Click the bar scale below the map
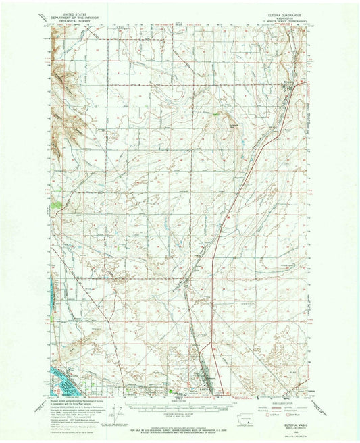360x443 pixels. pos(180,403)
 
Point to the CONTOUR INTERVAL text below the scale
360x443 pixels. pos(180,411)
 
